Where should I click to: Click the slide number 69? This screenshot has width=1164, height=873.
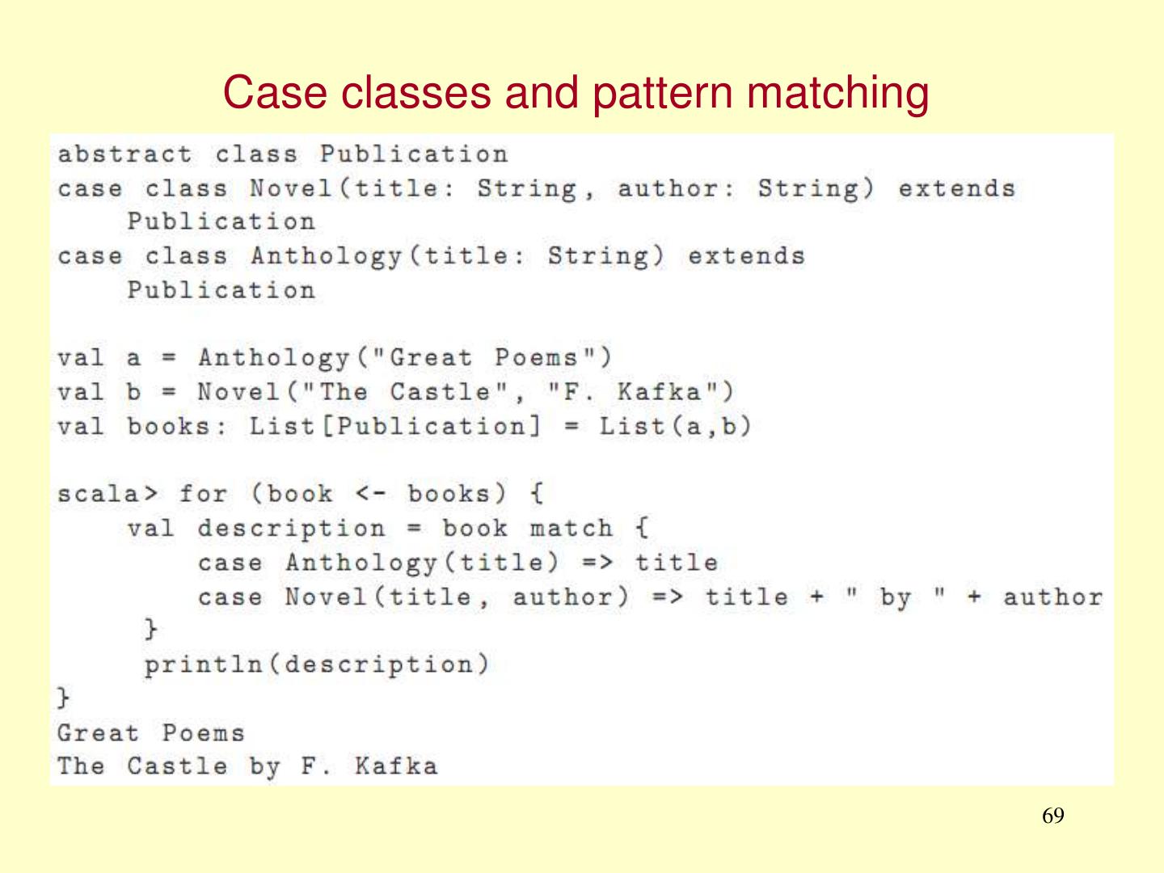tap(1052, 816)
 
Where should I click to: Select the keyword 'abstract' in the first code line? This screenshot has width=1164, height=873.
tap(124, 154)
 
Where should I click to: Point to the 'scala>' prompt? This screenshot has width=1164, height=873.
tap(108, 493)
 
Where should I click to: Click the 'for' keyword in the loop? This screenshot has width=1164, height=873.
tap(203, 493)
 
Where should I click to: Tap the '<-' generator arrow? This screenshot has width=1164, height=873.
tap(370, 493)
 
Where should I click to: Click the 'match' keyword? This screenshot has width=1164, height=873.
tap(571, 529)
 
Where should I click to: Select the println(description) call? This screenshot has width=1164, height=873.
tap(317, 664)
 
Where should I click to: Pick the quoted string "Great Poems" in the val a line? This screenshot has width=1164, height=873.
tap(484, 357)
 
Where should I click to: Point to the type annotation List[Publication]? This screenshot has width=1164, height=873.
tap(394, 426)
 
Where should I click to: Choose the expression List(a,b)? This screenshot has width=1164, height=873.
tap(675, 426)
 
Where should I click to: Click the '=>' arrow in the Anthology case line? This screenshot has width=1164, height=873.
tap(597, 563)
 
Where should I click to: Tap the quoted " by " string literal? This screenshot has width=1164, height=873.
tap(895, 597)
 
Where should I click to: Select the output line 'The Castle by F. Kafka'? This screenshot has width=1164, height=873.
tap(247, 766)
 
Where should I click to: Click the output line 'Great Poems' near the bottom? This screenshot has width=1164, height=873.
tap(150, 733)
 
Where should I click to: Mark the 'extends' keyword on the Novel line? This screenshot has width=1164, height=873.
tap(956, 188)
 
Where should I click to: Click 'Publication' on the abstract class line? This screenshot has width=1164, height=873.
tap(413, 154)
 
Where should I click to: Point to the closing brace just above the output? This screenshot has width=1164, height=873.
tap(63, 698)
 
